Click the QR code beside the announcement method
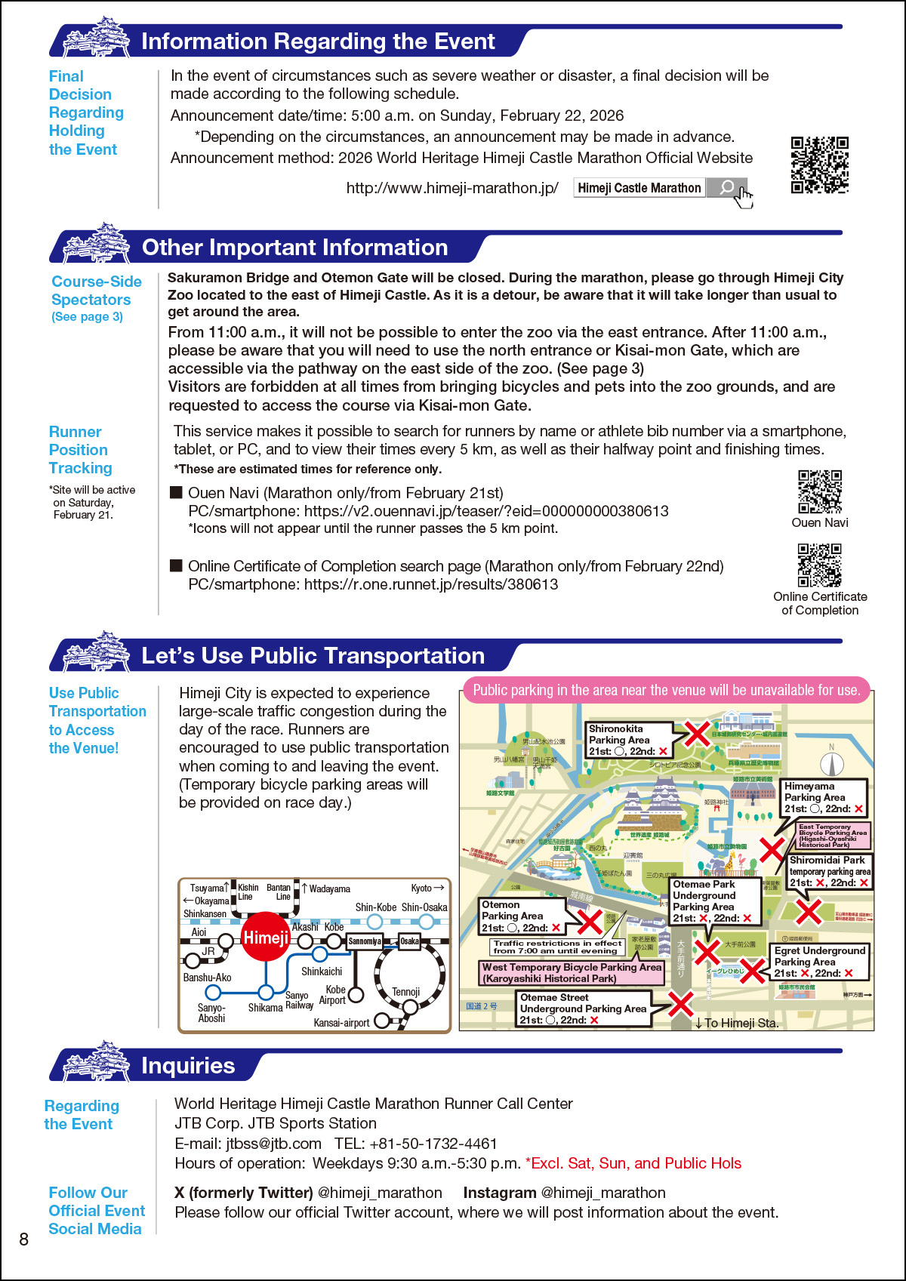click(x=819, y=165)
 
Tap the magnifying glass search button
click(x=726, y=188)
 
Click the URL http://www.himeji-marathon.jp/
click(x=452, y=188)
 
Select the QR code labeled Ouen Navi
click(x=820, y=491)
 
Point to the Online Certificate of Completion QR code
click(x=820, y=565)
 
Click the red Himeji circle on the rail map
click(x=265, y=937)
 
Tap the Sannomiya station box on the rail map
click(x=365, y=941)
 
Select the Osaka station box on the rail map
click(x=409, y=941)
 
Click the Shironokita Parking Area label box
click(x=629, y=740)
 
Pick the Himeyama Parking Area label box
click(x=824, y=797)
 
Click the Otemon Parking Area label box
click(x=522, y=916)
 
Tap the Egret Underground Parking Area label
click(x=819, y=962)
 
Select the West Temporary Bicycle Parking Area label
click(x=572, y=972)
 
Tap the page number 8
click(x=24, y=1239)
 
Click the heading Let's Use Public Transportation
click(x=313, y=656)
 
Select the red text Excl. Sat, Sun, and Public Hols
click(x=633, y=1163)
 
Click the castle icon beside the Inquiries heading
click(x=97, y=1063)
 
